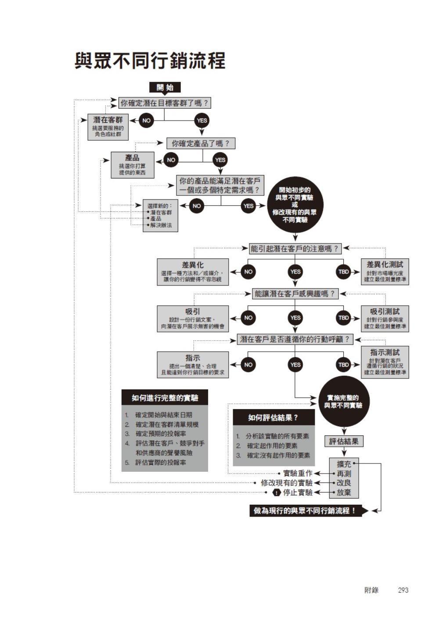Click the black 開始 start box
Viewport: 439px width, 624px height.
[x=165, y=87]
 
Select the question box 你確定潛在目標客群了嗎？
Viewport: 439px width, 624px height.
[x=165, y=103]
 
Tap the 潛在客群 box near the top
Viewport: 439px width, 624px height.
[x=108, y=127]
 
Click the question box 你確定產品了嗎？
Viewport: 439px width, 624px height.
[x=201, y=143]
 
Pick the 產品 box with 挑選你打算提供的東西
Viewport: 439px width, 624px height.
[x=133, y=165]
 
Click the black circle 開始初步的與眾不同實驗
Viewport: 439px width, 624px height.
[x=295, y=205]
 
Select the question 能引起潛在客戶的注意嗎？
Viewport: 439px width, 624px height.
[x=295, y=249]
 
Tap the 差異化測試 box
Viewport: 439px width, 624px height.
[x=385, y=271]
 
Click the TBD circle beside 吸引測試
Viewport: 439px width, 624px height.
[x=343, y=318]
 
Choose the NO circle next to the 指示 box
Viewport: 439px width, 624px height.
[x=248, y=365]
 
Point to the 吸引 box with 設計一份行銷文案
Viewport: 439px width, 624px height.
[x=193, y=319]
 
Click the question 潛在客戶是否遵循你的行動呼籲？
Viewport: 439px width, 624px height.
[x=295, y=339]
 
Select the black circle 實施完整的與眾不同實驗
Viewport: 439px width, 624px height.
[x=344, y=401]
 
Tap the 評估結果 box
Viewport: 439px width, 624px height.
[x=344, y=441]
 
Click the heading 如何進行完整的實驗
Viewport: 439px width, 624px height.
[x=165, y=398]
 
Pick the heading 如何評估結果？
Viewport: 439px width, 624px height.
[x=273, y=417]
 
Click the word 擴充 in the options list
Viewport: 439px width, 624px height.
[x=344, y=464]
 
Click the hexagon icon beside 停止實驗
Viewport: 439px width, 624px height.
[x=277, y=493]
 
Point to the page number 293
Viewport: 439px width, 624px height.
[x=403, y=590]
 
